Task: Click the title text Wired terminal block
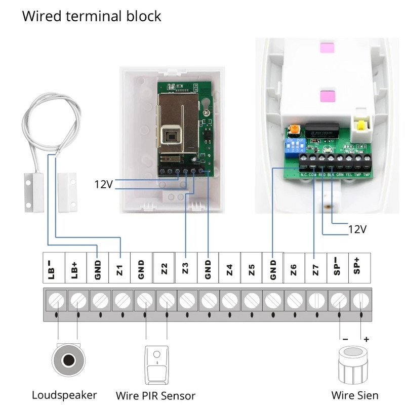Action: point(91,16)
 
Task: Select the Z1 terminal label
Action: point(120,269)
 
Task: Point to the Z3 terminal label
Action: point(186,269)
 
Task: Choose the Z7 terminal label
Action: point(316,269)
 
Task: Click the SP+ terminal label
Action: point(359,269)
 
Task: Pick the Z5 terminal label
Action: point(251,269)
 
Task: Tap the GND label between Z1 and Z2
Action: point(142,269)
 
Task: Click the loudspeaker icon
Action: point(67,360)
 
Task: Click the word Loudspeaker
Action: point(64,395)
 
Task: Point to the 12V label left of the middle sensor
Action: point(103,184)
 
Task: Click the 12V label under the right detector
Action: point(357,229)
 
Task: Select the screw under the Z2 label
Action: point(164,303)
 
